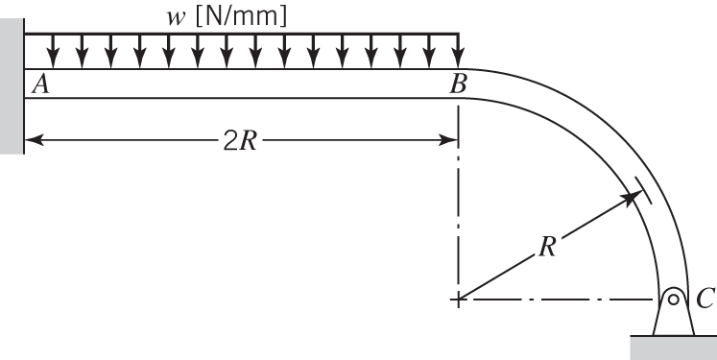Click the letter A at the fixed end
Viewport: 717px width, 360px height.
(40, 84)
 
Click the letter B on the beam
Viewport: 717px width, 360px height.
(459, 84)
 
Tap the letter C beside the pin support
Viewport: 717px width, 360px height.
(705, 300)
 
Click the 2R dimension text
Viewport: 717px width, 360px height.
(240, 140)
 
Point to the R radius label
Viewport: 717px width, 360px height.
(548, 246)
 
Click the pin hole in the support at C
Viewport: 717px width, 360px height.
(674, 299)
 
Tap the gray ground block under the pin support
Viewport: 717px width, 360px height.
(672, 346)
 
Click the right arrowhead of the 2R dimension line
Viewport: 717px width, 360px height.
(450, 140)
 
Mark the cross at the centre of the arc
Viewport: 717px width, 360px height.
(459, 300)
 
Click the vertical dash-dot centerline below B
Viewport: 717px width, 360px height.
(459, 221)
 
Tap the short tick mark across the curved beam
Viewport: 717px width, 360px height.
(642, 190)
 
